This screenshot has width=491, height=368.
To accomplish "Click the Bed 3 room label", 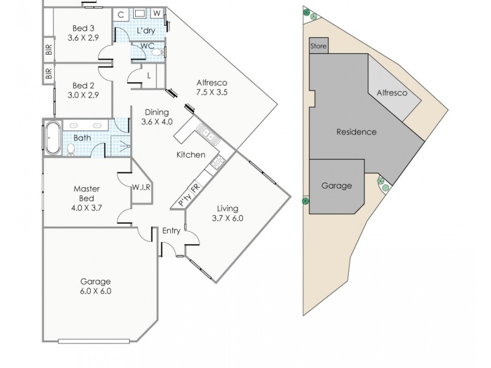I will click(83, 28).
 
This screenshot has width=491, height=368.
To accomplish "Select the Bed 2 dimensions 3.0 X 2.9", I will click(83, 95).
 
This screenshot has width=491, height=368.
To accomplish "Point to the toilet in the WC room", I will click(158, 54).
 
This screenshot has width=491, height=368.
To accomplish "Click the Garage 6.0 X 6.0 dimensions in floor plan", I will click(96, 291).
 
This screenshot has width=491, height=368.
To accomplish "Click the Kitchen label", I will click(191, 155).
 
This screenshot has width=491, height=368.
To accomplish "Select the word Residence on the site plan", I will click(356, 132).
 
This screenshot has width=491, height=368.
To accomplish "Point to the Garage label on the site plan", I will click(336, 185).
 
